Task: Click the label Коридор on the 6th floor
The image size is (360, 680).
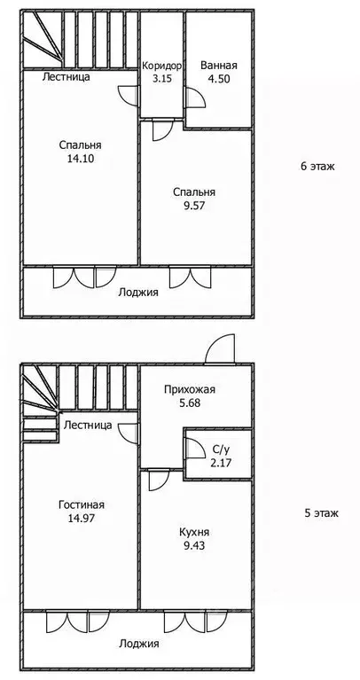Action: (x=161, y=66)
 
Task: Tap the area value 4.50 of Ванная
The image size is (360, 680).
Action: (x=218, y=79)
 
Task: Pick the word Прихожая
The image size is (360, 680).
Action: (x=190, y=389)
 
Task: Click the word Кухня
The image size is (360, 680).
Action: (x=192, y=532)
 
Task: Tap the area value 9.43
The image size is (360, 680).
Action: (x=192, y=545)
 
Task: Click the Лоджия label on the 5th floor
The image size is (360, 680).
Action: (x=137, y=644)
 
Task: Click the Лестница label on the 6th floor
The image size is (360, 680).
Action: (x=67, y=77)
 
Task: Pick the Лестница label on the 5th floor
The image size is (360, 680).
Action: (x=87, y=426)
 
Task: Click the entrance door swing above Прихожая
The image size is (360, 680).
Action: (x=218, y=350)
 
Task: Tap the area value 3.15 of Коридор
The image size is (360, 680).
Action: (x=161, y=79)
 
